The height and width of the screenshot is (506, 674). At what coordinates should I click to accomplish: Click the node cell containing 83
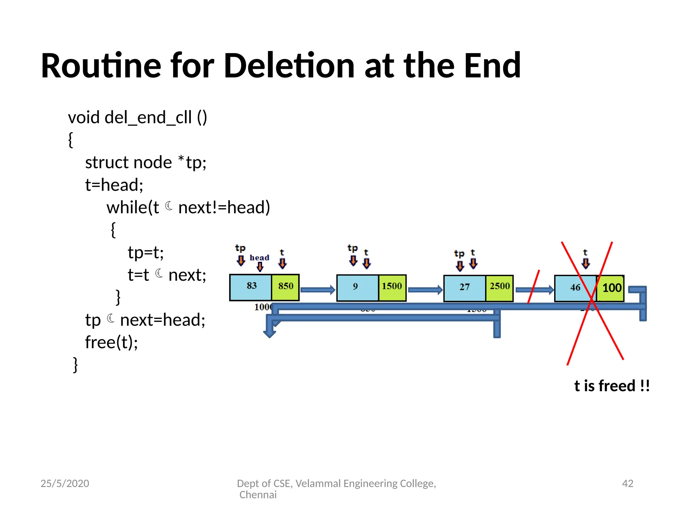click(251, 287)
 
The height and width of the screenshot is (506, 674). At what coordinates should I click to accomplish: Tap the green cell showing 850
click(285, 287)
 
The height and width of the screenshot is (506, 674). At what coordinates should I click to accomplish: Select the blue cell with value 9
click(357, 288)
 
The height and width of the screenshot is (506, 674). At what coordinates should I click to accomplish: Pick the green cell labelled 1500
click(392, 288)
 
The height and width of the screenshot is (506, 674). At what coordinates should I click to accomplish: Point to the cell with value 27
click(464, 288)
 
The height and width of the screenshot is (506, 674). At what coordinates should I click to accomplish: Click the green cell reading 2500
click(499, 288)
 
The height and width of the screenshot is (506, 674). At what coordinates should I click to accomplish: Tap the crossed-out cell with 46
click(575, 288)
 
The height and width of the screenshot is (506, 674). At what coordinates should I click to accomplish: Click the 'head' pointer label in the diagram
click(259, 258)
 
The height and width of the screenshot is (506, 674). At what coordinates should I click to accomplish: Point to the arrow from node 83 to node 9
click(318, 290)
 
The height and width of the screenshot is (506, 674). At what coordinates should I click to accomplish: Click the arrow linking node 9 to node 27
click(425, 290)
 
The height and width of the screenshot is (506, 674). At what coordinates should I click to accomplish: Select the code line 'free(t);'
click(112, 342)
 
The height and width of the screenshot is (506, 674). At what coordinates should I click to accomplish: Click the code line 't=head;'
click(114, 185)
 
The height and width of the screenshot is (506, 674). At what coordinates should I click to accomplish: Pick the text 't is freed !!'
click(612, 386)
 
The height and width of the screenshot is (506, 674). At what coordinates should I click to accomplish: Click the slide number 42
click(627, 483)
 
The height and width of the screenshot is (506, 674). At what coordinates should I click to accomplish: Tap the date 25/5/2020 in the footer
click(65, 483)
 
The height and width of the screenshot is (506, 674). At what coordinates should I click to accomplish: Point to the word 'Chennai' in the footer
click(258, 495)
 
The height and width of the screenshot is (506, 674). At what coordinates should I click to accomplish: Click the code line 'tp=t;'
click(146, 253)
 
